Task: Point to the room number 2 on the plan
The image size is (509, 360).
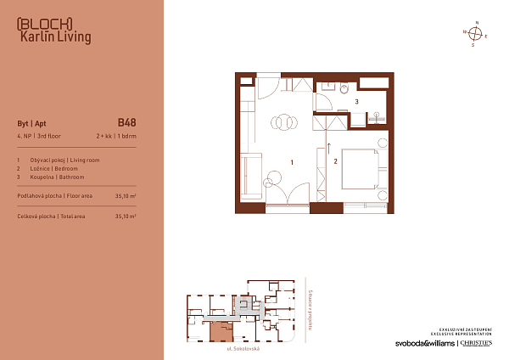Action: point(335,160)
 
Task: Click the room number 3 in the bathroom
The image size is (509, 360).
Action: point(356,102)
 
